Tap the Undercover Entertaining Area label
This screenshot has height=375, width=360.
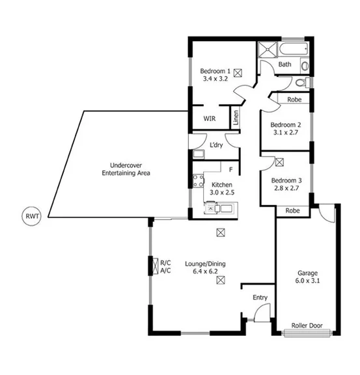coord(126,169)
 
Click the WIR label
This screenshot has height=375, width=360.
coord(210,119)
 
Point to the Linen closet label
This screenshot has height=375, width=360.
coord(236,118)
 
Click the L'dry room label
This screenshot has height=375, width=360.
coord(216,145)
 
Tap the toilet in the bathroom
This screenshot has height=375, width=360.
coord(300,83)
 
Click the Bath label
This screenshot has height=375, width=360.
coord(285,64)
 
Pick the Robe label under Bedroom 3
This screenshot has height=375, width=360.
coord(292,211)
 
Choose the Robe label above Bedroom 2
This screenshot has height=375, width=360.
coord(294,100)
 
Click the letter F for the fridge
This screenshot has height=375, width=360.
coord(231,171)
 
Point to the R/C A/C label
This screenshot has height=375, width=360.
coord(165,267)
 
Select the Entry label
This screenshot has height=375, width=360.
coord(260,298)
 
